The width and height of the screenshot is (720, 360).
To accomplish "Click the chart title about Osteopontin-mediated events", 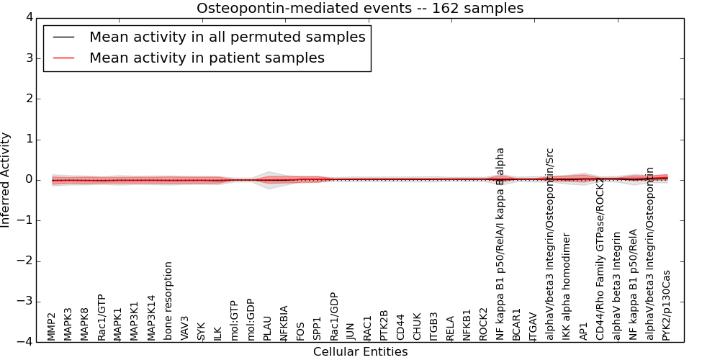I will click(x=360, y=9).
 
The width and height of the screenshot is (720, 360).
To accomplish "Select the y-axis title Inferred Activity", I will click(x=6, y=180).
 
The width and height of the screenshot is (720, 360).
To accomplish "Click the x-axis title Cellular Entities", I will click(x=360, y=352).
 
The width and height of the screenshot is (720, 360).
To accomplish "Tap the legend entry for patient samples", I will click(x=207, y=58).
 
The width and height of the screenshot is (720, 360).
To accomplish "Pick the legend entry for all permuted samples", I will click(x=227, y=37).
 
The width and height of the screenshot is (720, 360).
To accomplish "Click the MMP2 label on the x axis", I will click(x=53, y=326).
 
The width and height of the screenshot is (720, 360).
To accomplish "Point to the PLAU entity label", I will click(x=268, y=328).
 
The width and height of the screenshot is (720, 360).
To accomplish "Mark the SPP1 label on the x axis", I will click(x=318, y=328).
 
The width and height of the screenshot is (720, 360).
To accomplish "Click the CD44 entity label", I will click(x=401, y=327).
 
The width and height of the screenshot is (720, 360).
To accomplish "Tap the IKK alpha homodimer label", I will click(x=567, y=287).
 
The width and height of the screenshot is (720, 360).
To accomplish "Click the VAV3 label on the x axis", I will click(x=185, y=328).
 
